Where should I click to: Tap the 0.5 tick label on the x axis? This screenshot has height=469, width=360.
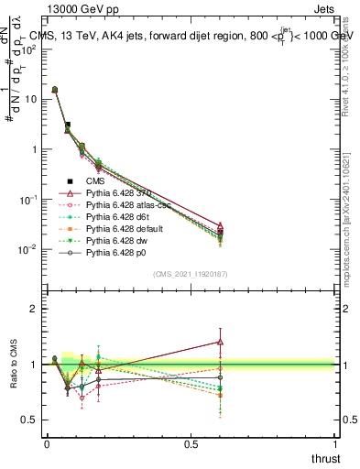[191, 443]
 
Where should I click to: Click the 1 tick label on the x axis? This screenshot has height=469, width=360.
[335, 443]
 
